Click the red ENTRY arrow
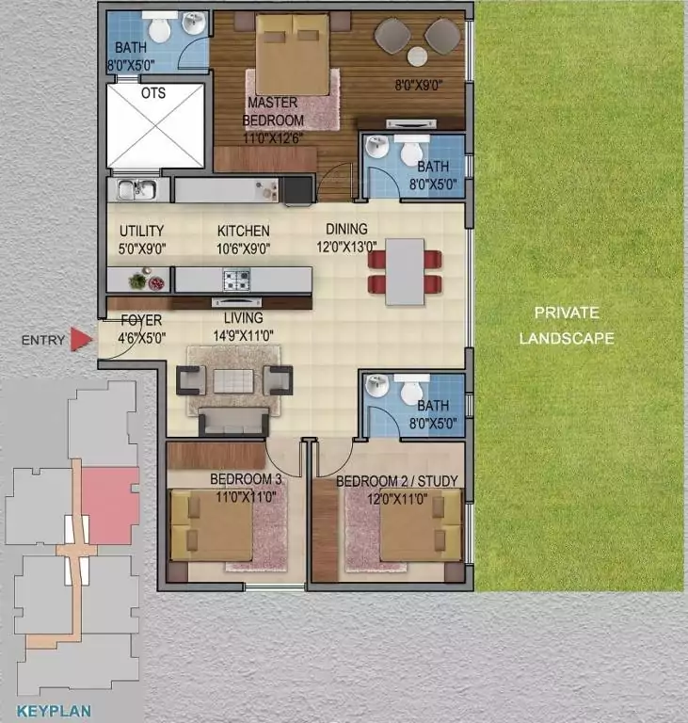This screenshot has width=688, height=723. [x=81, y=339]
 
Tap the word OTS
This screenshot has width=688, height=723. [x=153, y=93]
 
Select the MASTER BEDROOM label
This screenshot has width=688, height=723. [x=273, y=111]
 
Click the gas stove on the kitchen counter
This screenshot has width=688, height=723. [x=236, y=280]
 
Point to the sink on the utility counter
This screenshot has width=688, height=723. [x=137, y=189]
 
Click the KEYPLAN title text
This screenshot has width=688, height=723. [x=54, y=711]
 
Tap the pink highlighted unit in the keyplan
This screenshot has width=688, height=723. [x=111, y=505]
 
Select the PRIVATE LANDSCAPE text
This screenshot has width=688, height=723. [x=567, y=326]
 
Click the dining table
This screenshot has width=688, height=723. [x=405, y=271]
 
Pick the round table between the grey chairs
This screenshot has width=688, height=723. [x=417, y=56]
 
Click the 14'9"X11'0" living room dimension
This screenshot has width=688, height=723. [x=244, y=335]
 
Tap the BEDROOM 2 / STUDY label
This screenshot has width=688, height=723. [x=397, y=481]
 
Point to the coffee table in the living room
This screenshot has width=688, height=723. [x=233, y=381]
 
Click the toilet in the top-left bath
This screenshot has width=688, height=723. [x=160, y=26]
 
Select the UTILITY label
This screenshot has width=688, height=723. [x=141, y=231]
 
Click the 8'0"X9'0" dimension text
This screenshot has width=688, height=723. [x=419, y=85]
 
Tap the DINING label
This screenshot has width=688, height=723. [x=346, y=229]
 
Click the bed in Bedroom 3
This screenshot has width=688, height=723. [x=211, y=525]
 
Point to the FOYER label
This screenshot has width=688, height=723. [x=141, y=320]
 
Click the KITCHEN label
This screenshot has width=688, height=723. [x=244, y=231]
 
